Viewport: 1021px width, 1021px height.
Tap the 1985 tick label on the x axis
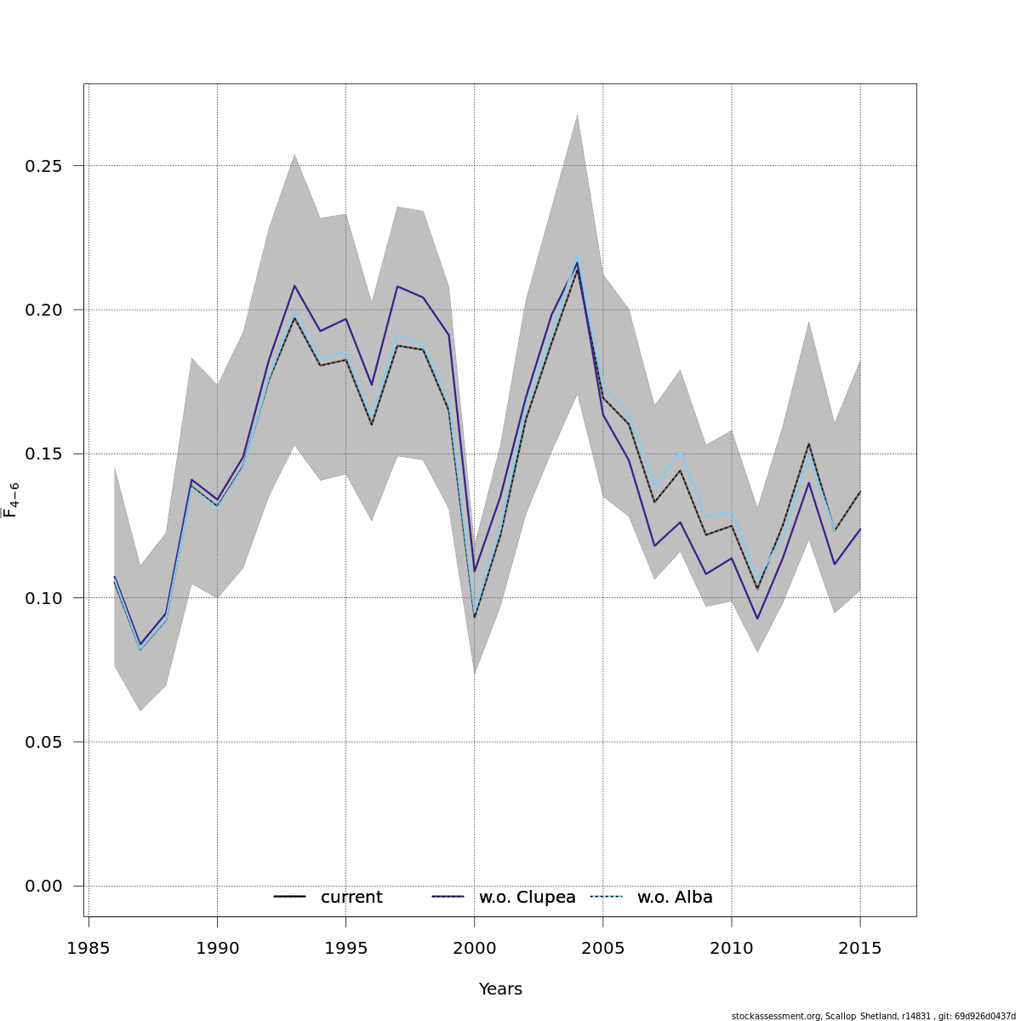pyautogui.click(x=88, y=949)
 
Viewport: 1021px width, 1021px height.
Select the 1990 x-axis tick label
pyautogui.click(x=217, y=949)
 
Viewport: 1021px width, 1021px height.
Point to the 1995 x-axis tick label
pyautogui.click(x=345, y=949)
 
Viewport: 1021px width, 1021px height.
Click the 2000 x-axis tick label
pyautogui.click(x=474, y=949)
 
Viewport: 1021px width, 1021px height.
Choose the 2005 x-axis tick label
pyautogui.click(x=602, y=949)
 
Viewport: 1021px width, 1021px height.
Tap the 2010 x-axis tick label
pyautogui.click(x=731, y=949)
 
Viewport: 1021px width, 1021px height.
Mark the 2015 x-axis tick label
pyautogui.click(x=859, y=949)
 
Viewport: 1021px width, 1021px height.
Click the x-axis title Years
pyautogui.click(x=500, y=990)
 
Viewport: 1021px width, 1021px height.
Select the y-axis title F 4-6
pyautogui.click(x=11, y=499)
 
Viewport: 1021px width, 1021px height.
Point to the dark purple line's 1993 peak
pyautogui.click(x=294, y=286)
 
